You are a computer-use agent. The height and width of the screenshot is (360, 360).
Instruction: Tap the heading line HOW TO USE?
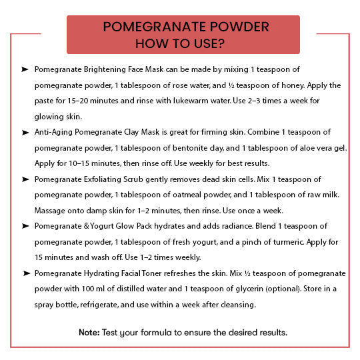(179, 43)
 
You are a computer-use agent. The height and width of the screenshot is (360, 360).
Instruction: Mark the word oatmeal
(191, 195)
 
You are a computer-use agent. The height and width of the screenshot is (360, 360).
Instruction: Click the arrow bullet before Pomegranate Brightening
(25, 69)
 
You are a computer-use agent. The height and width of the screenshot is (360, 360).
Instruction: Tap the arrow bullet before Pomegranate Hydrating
(25, 273)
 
